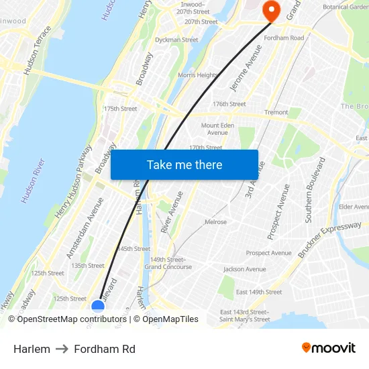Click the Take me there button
[184, 164]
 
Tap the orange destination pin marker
[272, 9]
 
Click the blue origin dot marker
[98, 306]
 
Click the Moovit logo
[329, 348]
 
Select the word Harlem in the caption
[32, 349]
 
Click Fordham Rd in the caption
[105, 349]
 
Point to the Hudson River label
[33, 180]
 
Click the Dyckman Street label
[176, 40]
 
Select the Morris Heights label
[197, 75]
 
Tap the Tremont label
[276, 112]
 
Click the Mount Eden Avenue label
[218, 129]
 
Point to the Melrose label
[215, 222]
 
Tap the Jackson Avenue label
[245, 269]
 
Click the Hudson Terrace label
[37, 50]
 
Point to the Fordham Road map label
[286, 38]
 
